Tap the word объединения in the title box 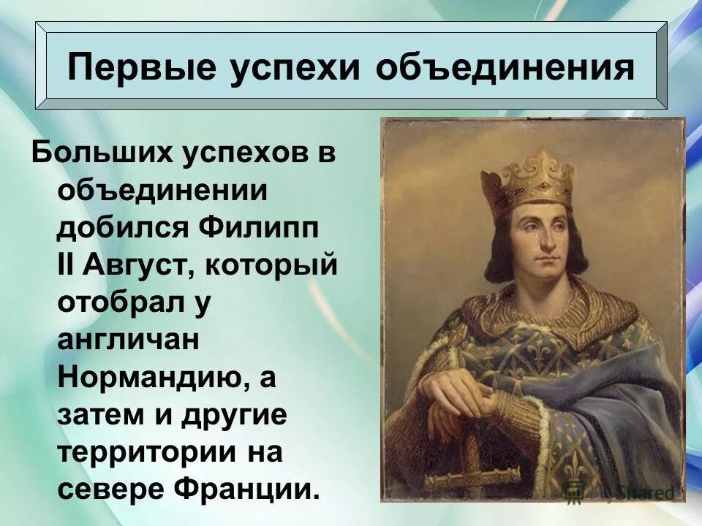tap(504, 67)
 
